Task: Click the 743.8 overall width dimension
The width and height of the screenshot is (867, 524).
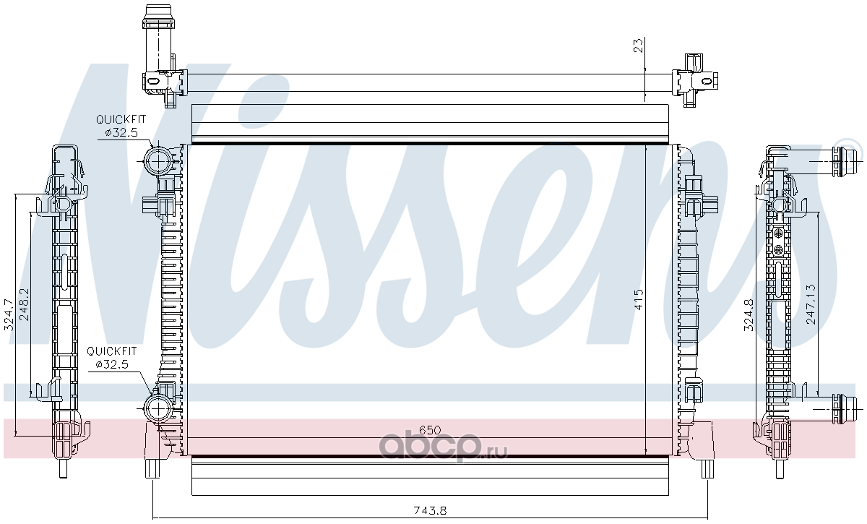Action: [430, 510]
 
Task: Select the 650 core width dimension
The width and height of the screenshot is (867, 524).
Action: [430, 430]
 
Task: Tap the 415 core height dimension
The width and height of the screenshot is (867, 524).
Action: [639, 299]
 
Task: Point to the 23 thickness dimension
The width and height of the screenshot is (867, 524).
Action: [639, 46]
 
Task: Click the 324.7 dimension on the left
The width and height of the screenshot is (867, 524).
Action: [9, 315]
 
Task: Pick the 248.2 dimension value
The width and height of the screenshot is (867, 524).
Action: [25, 304]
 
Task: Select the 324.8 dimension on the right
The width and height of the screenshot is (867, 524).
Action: [749, 315]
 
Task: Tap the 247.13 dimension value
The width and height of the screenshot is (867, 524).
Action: [811, 304]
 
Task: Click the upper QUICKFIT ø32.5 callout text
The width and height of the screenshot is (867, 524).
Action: [121, 126]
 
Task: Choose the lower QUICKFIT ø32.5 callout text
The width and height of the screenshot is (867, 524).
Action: [111, 358]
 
